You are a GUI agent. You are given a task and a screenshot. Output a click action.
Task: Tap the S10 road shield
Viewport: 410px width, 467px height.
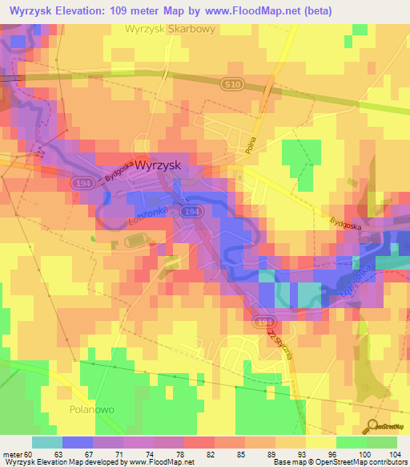[231, 83]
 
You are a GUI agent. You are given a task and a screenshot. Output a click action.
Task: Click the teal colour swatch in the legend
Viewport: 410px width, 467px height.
[46, 442]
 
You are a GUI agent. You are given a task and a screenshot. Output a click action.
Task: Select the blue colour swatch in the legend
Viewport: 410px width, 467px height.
[77, 442]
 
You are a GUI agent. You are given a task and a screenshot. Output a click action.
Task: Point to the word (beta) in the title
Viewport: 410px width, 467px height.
[316, 10]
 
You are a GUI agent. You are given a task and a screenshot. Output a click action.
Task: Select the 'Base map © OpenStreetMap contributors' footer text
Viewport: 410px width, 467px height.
[339, 462]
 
